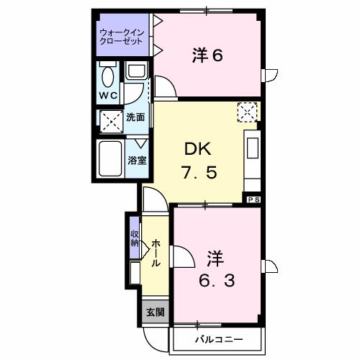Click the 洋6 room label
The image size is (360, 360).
click(x=207, y=55)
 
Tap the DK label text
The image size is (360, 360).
click(x=197, y=149)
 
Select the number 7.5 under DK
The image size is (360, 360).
click(x=197, y=174)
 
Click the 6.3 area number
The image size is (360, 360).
click(x=216, y=279)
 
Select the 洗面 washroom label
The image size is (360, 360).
click(x=135, y=117)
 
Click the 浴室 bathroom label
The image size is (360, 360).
click(x=137, y=160)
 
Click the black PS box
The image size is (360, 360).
click(x=253, y=199)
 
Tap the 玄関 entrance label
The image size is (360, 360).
click(x=154, y=312)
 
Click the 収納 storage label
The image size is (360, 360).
click(x=135, y=238)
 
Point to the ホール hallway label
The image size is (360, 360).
click(x=155, y=253)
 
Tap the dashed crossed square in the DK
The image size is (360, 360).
click(x=246, y=112)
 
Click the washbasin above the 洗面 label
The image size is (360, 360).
click(x=135, y=72)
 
